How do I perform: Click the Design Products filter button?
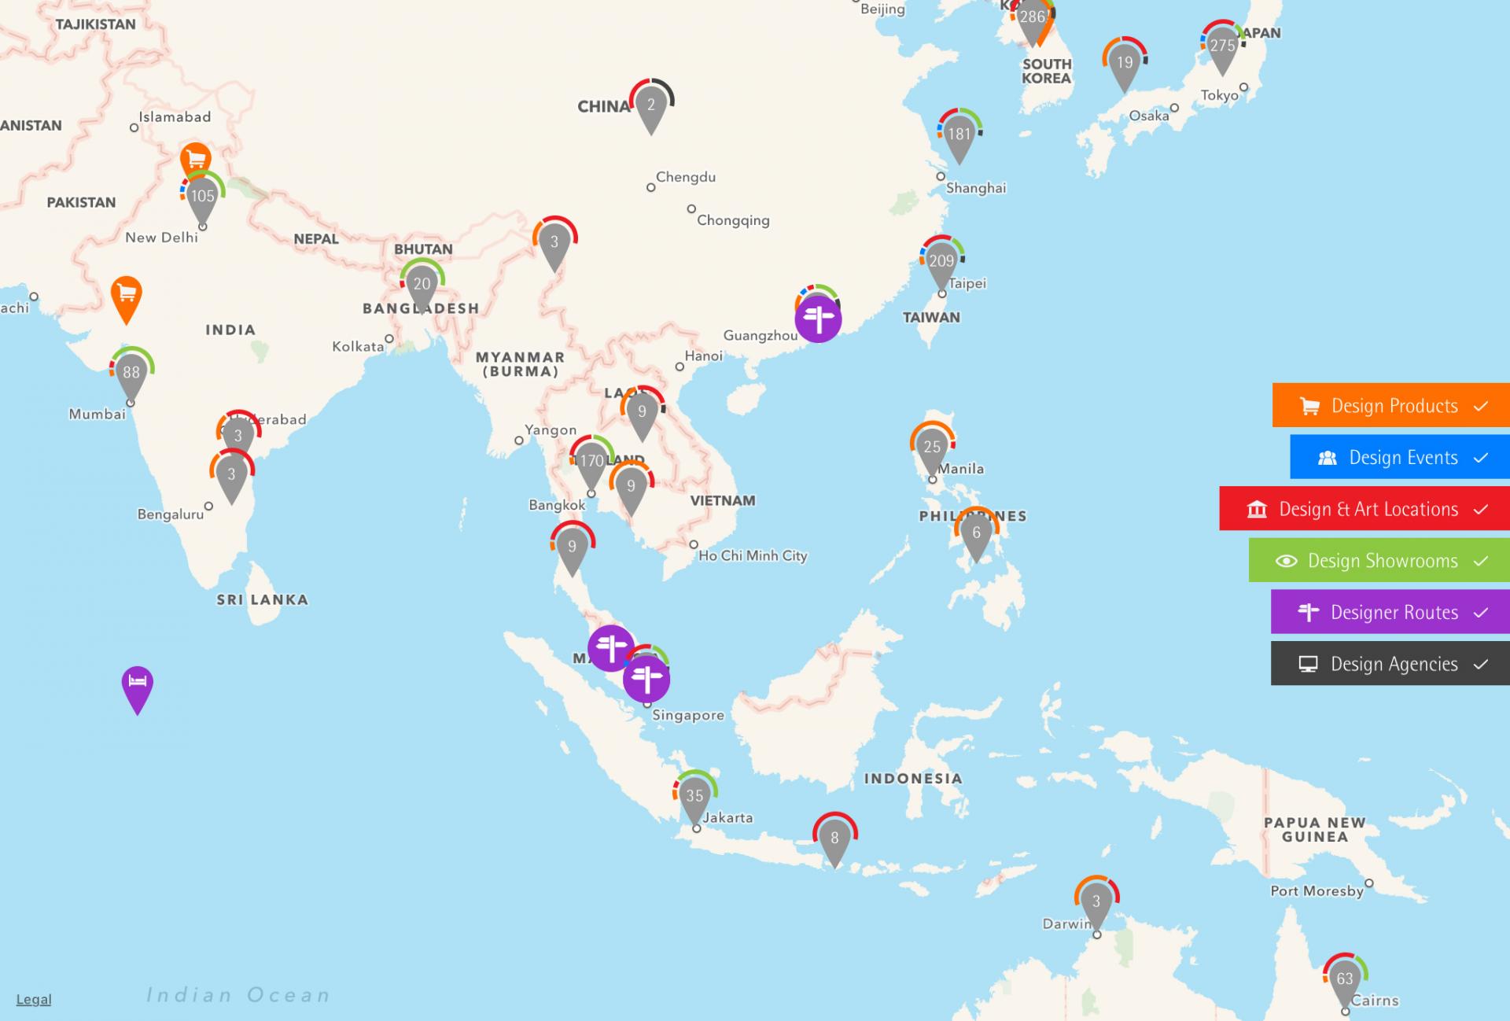pyautogui.click(x=1390, y=406)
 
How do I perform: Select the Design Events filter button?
pyautogui.click(x=1399, y=457)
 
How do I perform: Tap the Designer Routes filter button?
pyautogui.click(x=1390, y=612)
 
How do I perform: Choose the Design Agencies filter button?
pyautogui.click(x=1390, y=664)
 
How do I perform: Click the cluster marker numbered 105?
pyautogui.click(x=202, y=197)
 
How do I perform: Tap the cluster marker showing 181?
pyautogui.click(x=959, y=135)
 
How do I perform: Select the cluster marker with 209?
pyautogui.click(x=941, y=262)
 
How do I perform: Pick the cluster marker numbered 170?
pyautogui.click(x=591, y=463)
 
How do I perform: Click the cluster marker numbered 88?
pyautogui.click(x=131, y=374)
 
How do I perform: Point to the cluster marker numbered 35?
pyautogui.click(x=694, y=797)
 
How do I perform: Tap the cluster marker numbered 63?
pyautogui.click(x=1345, y=980)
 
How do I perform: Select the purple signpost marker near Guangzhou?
pyautogui.click(x=818, y=319)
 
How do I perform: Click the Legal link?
pyautogui.click(x=34, y=1000)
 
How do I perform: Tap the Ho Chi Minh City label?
pyautogui.click(x=753, y=555)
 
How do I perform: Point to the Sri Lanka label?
pyautogui.click(x=263, y=599)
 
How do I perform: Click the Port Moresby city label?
pyautogui.click(x=1317, y=891)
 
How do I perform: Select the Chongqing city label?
pyautogui.click(x=733, y=220)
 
